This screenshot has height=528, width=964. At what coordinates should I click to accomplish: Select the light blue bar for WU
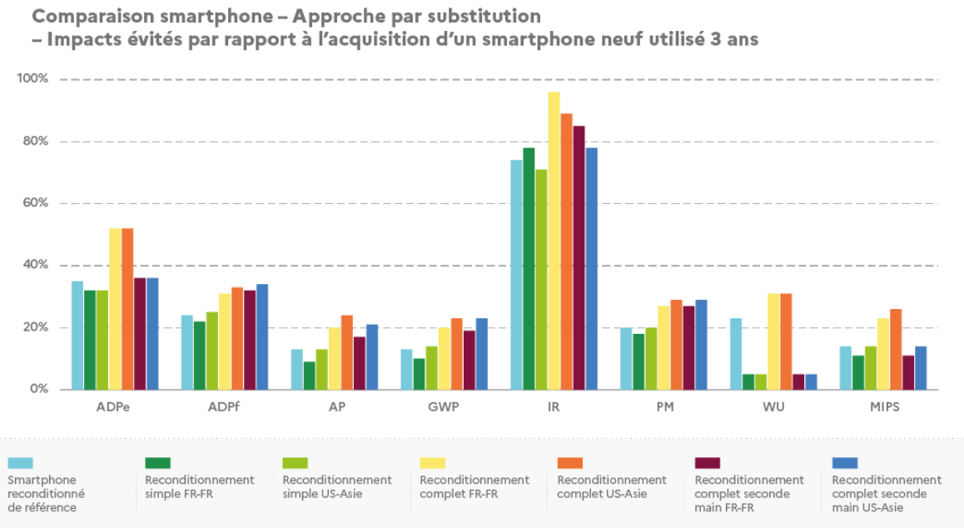[735, 353]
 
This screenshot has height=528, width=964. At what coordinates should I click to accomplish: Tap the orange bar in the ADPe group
[127, 308]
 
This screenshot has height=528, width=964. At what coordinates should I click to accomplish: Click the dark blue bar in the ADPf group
[262, 336]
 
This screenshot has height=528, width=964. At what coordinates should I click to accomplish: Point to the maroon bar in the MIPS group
[908, 372]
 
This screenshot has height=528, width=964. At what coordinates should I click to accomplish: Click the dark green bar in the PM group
[639, 361]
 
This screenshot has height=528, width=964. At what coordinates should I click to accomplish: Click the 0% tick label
[38, 389]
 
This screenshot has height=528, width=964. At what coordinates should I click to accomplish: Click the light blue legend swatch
[20, 463]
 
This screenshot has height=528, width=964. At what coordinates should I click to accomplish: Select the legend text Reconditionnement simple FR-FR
[199, 486]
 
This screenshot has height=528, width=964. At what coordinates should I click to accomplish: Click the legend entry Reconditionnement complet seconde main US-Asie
[886, 493]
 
